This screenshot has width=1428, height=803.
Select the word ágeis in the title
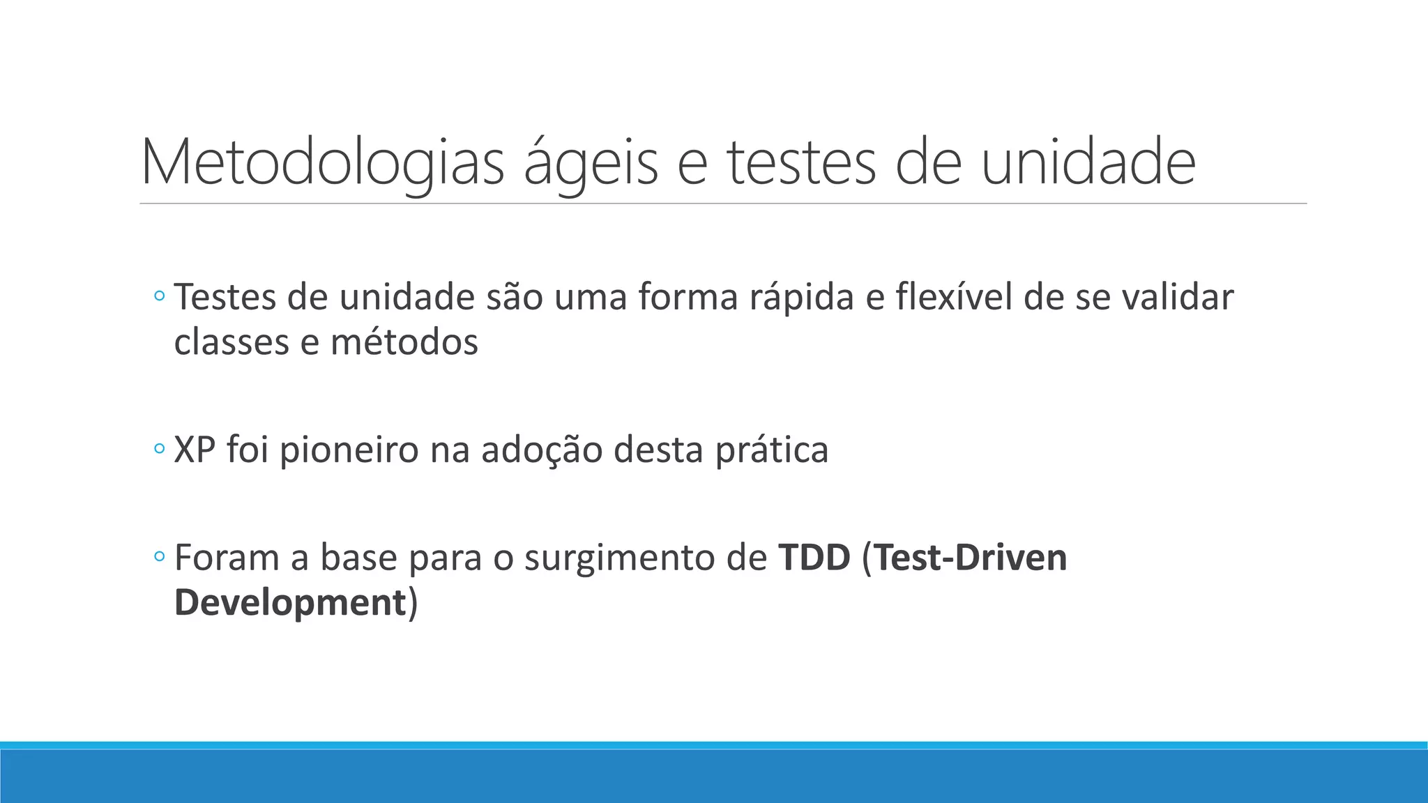click(x=590, y=164)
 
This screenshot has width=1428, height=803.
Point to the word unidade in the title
click(x=1088, y=164)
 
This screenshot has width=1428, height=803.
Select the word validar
click(x=1178, y=298)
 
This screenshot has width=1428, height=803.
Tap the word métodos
click(x=404, y=342)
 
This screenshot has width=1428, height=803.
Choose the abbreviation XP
click(x=195, y=450)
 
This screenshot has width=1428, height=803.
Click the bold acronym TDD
click(x=814, y=558)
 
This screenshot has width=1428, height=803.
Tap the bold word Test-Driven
click(x=970, y=558)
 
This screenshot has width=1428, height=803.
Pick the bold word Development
click(x=290, y=602)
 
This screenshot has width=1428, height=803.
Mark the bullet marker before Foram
click(x=159, y=558)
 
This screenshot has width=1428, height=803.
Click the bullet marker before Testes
click(x=159, y=298)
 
